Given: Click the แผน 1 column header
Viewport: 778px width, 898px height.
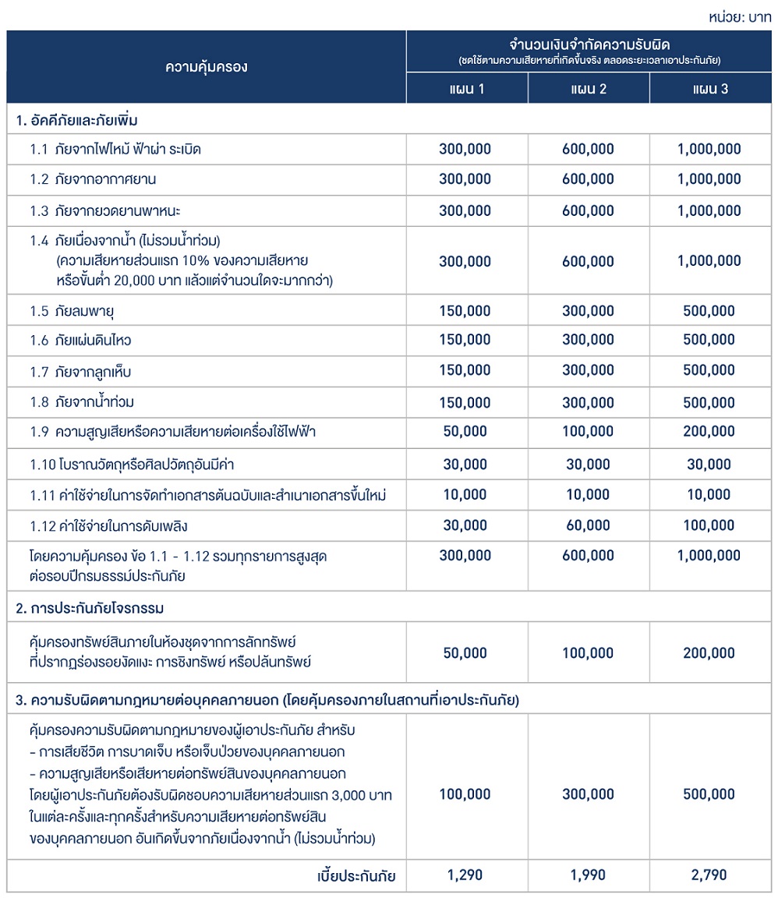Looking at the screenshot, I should coord(467,88).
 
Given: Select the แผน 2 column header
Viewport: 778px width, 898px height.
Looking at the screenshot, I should coord(588,88).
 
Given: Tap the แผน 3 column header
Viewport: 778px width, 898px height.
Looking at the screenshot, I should coord(709,88).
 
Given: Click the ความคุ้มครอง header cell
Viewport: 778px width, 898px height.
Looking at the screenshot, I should coord(206,67).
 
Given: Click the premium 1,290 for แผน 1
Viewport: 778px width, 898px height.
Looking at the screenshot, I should coord(465,875).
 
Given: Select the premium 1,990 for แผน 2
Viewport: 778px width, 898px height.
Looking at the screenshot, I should coord(588,875).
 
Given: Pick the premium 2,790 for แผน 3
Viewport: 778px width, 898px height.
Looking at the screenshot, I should coord(709,875).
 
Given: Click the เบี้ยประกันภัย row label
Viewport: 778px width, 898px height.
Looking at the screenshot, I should coord(355,876).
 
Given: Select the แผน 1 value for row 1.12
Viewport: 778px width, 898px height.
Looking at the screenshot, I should coord(465,525).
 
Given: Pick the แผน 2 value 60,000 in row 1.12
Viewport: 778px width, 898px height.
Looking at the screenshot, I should coord(588,525).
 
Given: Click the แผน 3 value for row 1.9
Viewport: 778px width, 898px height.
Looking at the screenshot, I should coord(709,431).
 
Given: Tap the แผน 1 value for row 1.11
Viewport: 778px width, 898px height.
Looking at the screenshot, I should coord(465,495).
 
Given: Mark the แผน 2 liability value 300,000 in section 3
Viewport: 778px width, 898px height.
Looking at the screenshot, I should coord(588,794).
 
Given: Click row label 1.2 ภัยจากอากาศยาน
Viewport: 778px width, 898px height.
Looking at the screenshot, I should coord(94,179).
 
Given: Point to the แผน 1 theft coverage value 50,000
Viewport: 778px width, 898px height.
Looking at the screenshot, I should coord(465,653).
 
